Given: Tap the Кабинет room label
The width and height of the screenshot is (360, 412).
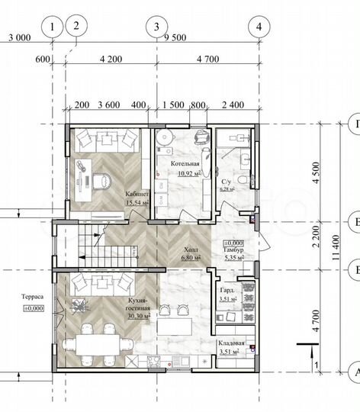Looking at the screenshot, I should pos(137,194).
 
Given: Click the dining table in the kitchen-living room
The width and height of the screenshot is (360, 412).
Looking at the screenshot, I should pos(90,343).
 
